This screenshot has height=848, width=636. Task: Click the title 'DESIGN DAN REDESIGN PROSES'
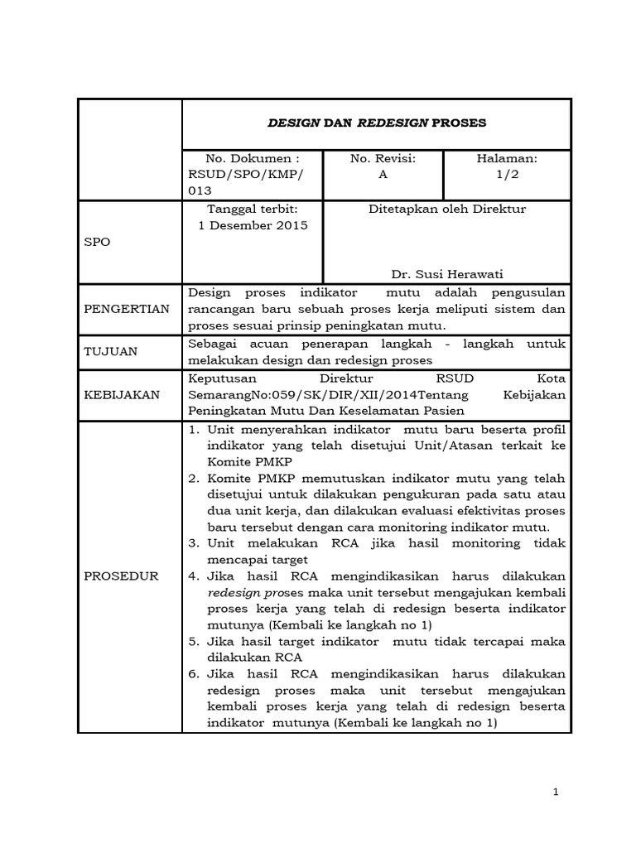[x=376, y=123]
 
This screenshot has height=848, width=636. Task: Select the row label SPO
[x=98, y=243]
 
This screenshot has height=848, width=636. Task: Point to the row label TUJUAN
[x=110, y=351]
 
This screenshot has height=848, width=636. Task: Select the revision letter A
[x=383, y=175]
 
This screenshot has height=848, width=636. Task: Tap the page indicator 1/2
[x=507, y=175]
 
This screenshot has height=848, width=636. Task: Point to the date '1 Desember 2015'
[x=253, y=225]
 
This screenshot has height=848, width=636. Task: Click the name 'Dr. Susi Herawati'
[x=446, y=274]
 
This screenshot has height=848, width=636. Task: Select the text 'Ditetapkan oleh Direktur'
[x=446, y=209]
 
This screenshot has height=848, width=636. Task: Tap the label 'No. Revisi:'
[x=383, y=158]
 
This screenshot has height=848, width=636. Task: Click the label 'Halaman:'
[x=507, y=158]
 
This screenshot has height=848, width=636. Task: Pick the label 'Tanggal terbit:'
[x=252, y=209]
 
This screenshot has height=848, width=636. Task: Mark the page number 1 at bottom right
[x=556, y=793]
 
